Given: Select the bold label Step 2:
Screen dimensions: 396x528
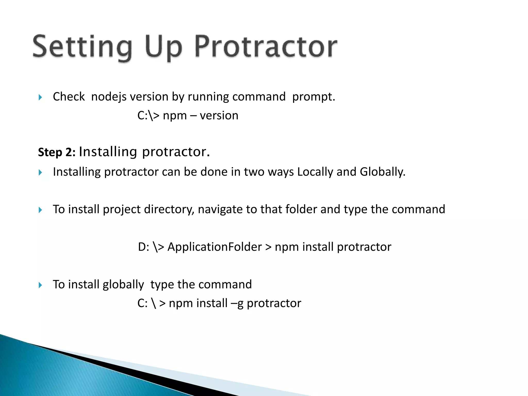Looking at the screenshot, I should pos(57,152).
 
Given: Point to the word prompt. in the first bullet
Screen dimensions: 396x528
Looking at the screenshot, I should pos(313,97).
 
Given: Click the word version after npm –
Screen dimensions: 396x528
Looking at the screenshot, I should pos(219,115).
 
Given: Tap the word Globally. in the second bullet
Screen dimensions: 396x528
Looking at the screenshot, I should pos(383,172).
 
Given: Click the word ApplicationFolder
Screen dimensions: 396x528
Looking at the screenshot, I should pos(214,247).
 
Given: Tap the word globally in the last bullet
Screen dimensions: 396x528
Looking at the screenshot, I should pos(123,285).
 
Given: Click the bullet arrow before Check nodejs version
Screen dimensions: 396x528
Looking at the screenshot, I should pos(40,97).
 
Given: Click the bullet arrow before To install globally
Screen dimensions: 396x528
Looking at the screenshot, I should pos(40,285).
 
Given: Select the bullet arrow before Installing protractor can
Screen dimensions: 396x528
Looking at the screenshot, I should pos(40,172).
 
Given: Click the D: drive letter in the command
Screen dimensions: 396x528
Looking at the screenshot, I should pos(144,247).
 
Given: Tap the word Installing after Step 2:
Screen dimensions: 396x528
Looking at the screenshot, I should pos(108,152).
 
